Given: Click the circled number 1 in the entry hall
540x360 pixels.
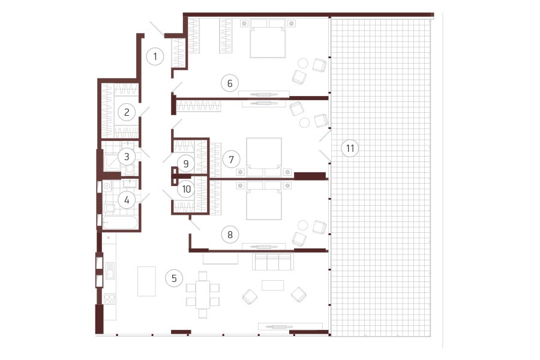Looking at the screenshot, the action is point(155,56).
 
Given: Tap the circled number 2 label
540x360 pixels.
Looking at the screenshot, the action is point(127,112).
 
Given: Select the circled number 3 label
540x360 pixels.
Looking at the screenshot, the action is point(127,157).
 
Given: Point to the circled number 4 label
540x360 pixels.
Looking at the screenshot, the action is point(127,200).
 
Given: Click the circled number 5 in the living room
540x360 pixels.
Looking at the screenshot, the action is point(174,278).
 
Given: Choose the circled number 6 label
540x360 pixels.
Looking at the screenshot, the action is point(230,83).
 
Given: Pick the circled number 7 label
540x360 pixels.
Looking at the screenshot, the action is point(231,160).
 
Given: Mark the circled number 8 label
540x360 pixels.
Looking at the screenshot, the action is point(230,235).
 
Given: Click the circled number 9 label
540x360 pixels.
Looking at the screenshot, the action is point(186,163).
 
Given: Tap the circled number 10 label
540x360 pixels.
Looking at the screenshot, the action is point(187,189).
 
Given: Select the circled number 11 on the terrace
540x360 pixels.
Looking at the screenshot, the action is point(350,148).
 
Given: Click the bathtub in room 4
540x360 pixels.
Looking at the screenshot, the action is point(120,223).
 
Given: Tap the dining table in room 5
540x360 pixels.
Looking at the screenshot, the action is point(203,295).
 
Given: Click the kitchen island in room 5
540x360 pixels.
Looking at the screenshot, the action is point(146,281).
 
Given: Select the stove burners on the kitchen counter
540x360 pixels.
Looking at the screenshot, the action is point(110,299).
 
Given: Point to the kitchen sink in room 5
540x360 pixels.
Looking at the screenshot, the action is point(110,271).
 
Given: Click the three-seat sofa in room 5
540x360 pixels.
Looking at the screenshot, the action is point(273,262).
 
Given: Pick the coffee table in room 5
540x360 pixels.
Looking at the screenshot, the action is point(273,285).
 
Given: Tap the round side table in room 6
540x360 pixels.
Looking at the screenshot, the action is point(303,64).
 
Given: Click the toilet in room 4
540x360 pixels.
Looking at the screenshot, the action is point(110,208).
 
